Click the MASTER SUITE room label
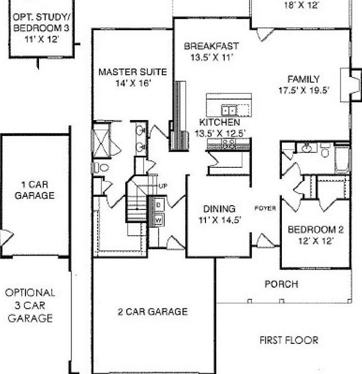133,72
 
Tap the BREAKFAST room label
211,46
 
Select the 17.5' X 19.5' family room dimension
304,89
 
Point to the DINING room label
219,209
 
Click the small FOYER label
265,209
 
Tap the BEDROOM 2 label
309,230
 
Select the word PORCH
281,284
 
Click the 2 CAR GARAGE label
152,312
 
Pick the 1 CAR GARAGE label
35,190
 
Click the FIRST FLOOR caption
289,340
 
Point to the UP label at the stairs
162,186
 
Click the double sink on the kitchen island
228,110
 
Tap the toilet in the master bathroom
101,167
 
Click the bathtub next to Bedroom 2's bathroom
342,159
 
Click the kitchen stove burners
228,145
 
